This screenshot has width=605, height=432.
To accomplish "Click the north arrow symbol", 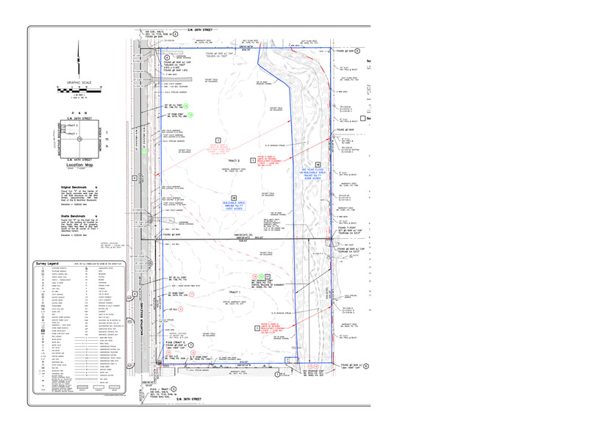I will click(x=78, y=57).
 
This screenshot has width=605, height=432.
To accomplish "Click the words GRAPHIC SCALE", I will click(x=78, y=82).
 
